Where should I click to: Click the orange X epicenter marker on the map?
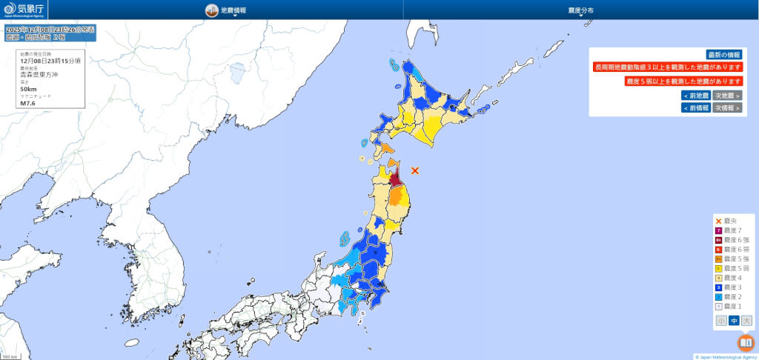point(415,170)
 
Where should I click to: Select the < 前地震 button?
point(695,96)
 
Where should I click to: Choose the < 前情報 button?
point(695,107)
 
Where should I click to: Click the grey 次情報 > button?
point(727,107)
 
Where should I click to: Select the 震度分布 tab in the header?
point(580,10)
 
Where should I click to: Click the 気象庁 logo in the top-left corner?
point(23,10)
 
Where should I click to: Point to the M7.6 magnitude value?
point(28,102)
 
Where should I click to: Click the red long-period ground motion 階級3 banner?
point(667,67)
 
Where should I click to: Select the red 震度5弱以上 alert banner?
point(683,81)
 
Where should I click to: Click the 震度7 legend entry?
point(732,230)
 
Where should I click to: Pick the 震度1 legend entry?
point(732,306)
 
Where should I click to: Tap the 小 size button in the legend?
point(721,321)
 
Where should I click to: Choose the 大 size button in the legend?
point(746,321)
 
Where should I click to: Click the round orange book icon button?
point(746,343)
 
